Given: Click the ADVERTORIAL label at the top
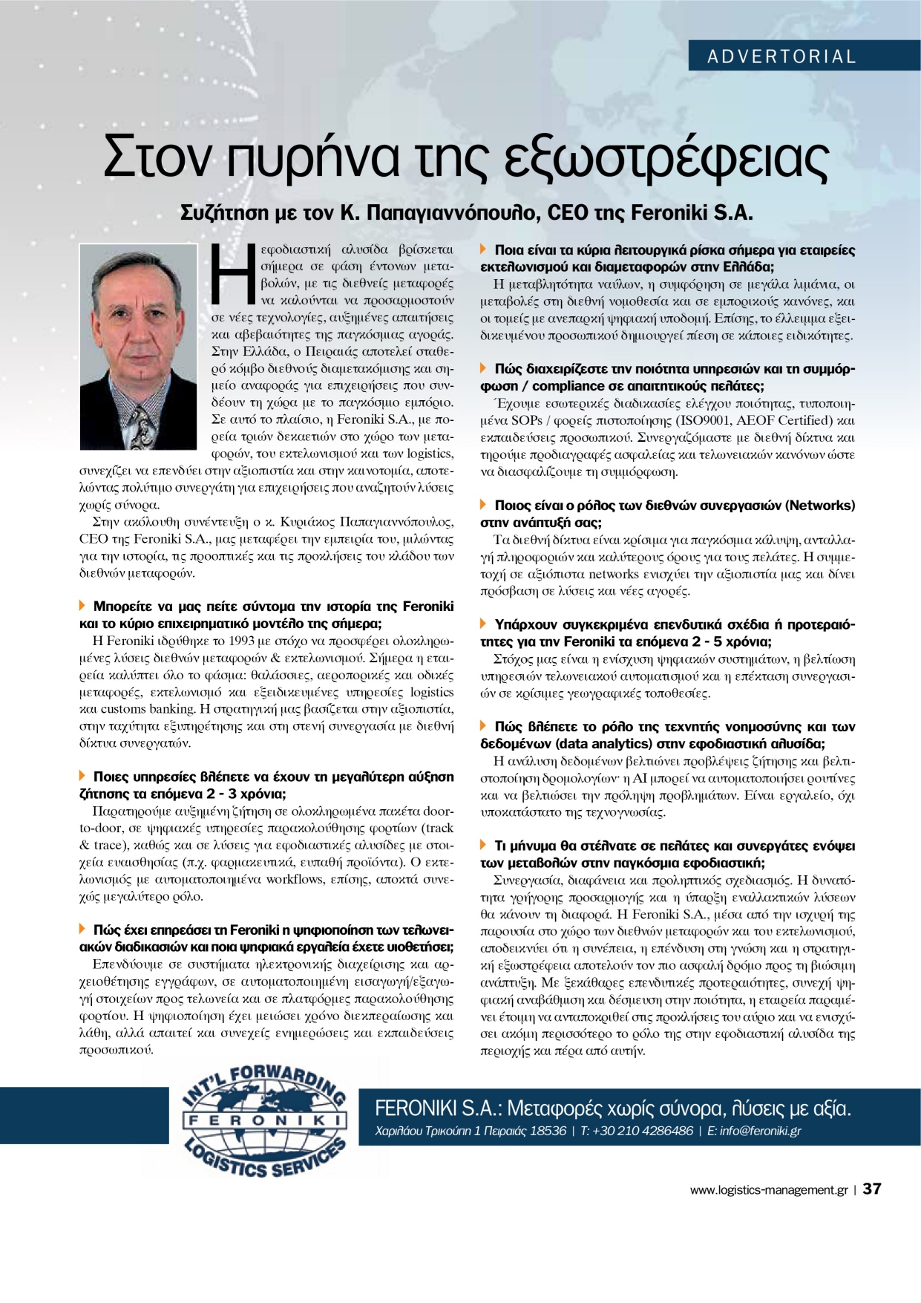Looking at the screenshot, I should coord(781,56).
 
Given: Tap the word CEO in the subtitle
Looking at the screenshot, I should coord(568,213).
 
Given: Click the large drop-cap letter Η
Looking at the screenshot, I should coord(233,274).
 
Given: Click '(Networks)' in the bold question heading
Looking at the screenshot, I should coord(820,506).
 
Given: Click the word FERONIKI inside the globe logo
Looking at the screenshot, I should coord(264,1120).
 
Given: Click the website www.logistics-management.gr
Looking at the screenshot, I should coord(768,1189).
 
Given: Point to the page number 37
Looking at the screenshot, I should coord(872,1189).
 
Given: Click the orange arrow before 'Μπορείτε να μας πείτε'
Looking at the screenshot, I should coord(83,607).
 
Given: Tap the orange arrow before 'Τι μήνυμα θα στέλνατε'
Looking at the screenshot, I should coord(484,846).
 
